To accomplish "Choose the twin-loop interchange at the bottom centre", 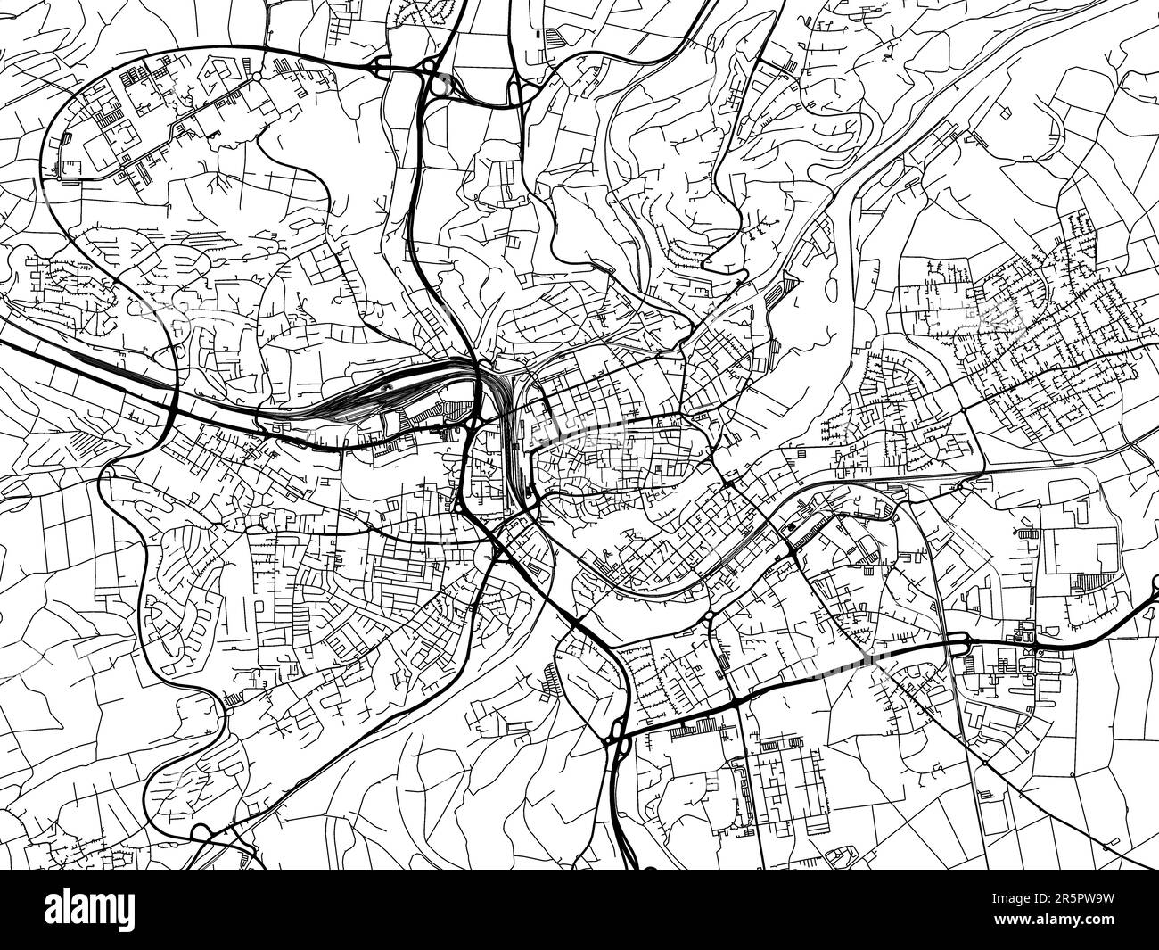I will pos(616,731).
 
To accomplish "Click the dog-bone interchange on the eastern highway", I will pos(1025,639).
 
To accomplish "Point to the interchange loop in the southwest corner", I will pos(201,834).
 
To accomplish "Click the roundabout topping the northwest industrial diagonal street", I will pos(258,78).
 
